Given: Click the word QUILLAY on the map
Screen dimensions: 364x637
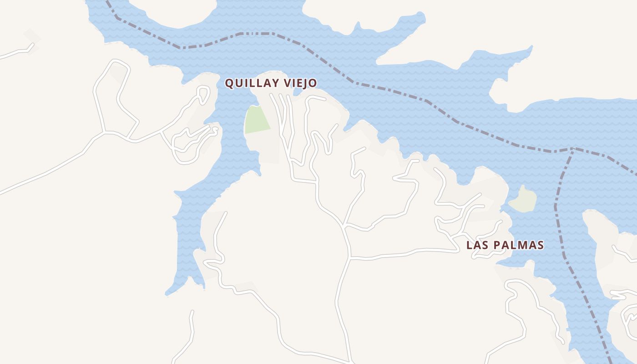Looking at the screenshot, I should pyautogui.click(x=252, y=84).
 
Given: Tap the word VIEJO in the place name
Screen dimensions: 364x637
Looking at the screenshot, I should pyautogui.click(x=299, y=84).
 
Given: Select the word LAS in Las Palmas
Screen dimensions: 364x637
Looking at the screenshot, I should pyautogui.click(x=477, y=245).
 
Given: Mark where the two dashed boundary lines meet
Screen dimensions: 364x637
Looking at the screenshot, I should pyautogui.click(x=572, y=148).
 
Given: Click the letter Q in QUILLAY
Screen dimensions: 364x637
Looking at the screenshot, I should pyautogui.click(x=230, y=84).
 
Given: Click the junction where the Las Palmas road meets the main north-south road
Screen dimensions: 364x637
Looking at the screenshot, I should pyautogui.click(x=349, y=258).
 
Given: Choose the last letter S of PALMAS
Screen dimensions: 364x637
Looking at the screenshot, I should pyautogui.click(x=540, y=245).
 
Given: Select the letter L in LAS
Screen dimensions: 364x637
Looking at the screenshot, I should pyautogui.click(x=469, y=245).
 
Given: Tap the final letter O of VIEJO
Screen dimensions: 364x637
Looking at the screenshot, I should pyautogui.click(x=313, y=84).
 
